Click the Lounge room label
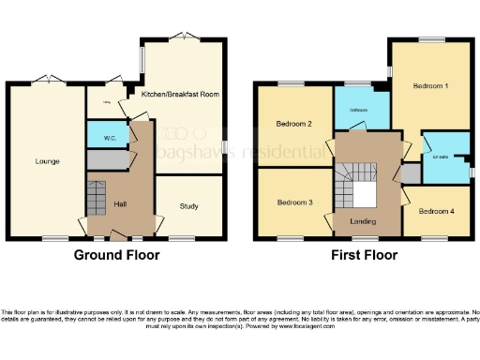click(47, 161)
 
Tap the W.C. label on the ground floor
click(110, 138)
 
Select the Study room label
click(187, 206)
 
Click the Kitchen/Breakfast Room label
click(180, 94)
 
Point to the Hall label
click(120, 204)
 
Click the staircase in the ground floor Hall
click(97, 198)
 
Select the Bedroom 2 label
click(293, 124)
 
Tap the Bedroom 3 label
click(293, 202)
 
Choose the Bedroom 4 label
click(436, 211)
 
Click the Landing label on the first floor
click(363, 221)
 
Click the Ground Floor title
click(117, 255)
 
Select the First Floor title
click(364, 255)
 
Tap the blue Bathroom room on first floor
click(359, 108)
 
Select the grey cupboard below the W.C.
click(105, 160)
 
